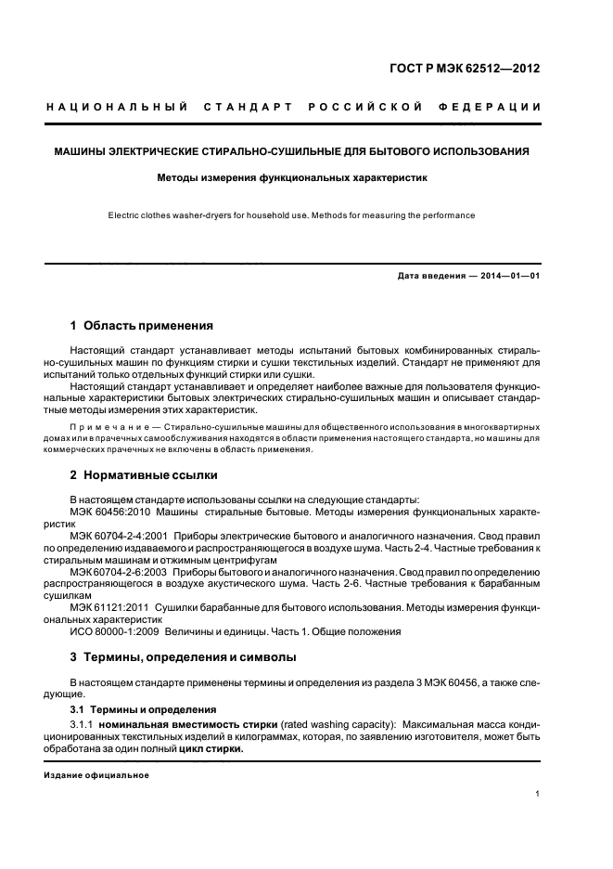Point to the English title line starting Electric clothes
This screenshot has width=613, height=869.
[292, 215]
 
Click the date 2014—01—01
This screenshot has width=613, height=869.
[510, 276]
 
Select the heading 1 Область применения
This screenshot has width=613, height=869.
[142, 326]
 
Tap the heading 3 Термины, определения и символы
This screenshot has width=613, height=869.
[184, 656]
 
